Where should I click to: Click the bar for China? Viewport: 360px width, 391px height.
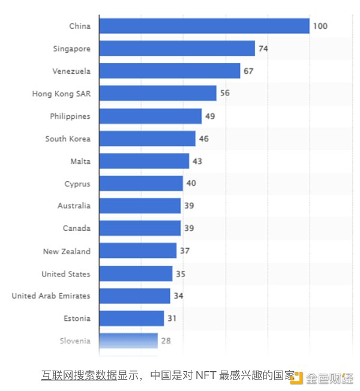tap(204, 26)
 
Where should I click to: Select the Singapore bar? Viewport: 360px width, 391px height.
tap(177, 49)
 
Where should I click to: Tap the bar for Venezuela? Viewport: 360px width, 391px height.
tap(169, 71)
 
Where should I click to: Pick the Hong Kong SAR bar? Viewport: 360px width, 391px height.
tap(157, 94)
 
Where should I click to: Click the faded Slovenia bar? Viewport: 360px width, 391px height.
tap(128, 341)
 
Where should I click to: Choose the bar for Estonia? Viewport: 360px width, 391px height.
tap(131, 318)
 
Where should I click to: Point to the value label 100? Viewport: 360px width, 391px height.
tap(320, 26)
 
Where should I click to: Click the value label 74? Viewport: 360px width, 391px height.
tap(263, 49)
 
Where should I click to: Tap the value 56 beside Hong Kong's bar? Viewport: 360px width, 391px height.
tap(224, 94)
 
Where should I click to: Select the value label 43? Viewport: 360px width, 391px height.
tap(197, 161)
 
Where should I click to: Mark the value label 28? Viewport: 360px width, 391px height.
tap(166, 341)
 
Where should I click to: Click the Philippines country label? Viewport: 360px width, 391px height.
tap(70, 116)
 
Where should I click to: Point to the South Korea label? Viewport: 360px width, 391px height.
tap(68, 139)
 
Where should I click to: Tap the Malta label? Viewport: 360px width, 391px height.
tap(80, 161)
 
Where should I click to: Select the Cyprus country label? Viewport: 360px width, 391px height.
tap(77, 184)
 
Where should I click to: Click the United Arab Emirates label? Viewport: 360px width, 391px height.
tap(51, 296)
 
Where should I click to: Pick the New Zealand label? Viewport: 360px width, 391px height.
tap(67, 251)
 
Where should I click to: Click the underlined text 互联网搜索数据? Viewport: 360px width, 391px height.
tap(79, 376)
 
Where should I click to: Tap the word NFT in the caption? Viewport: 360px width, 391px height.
tap(202, 376)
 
